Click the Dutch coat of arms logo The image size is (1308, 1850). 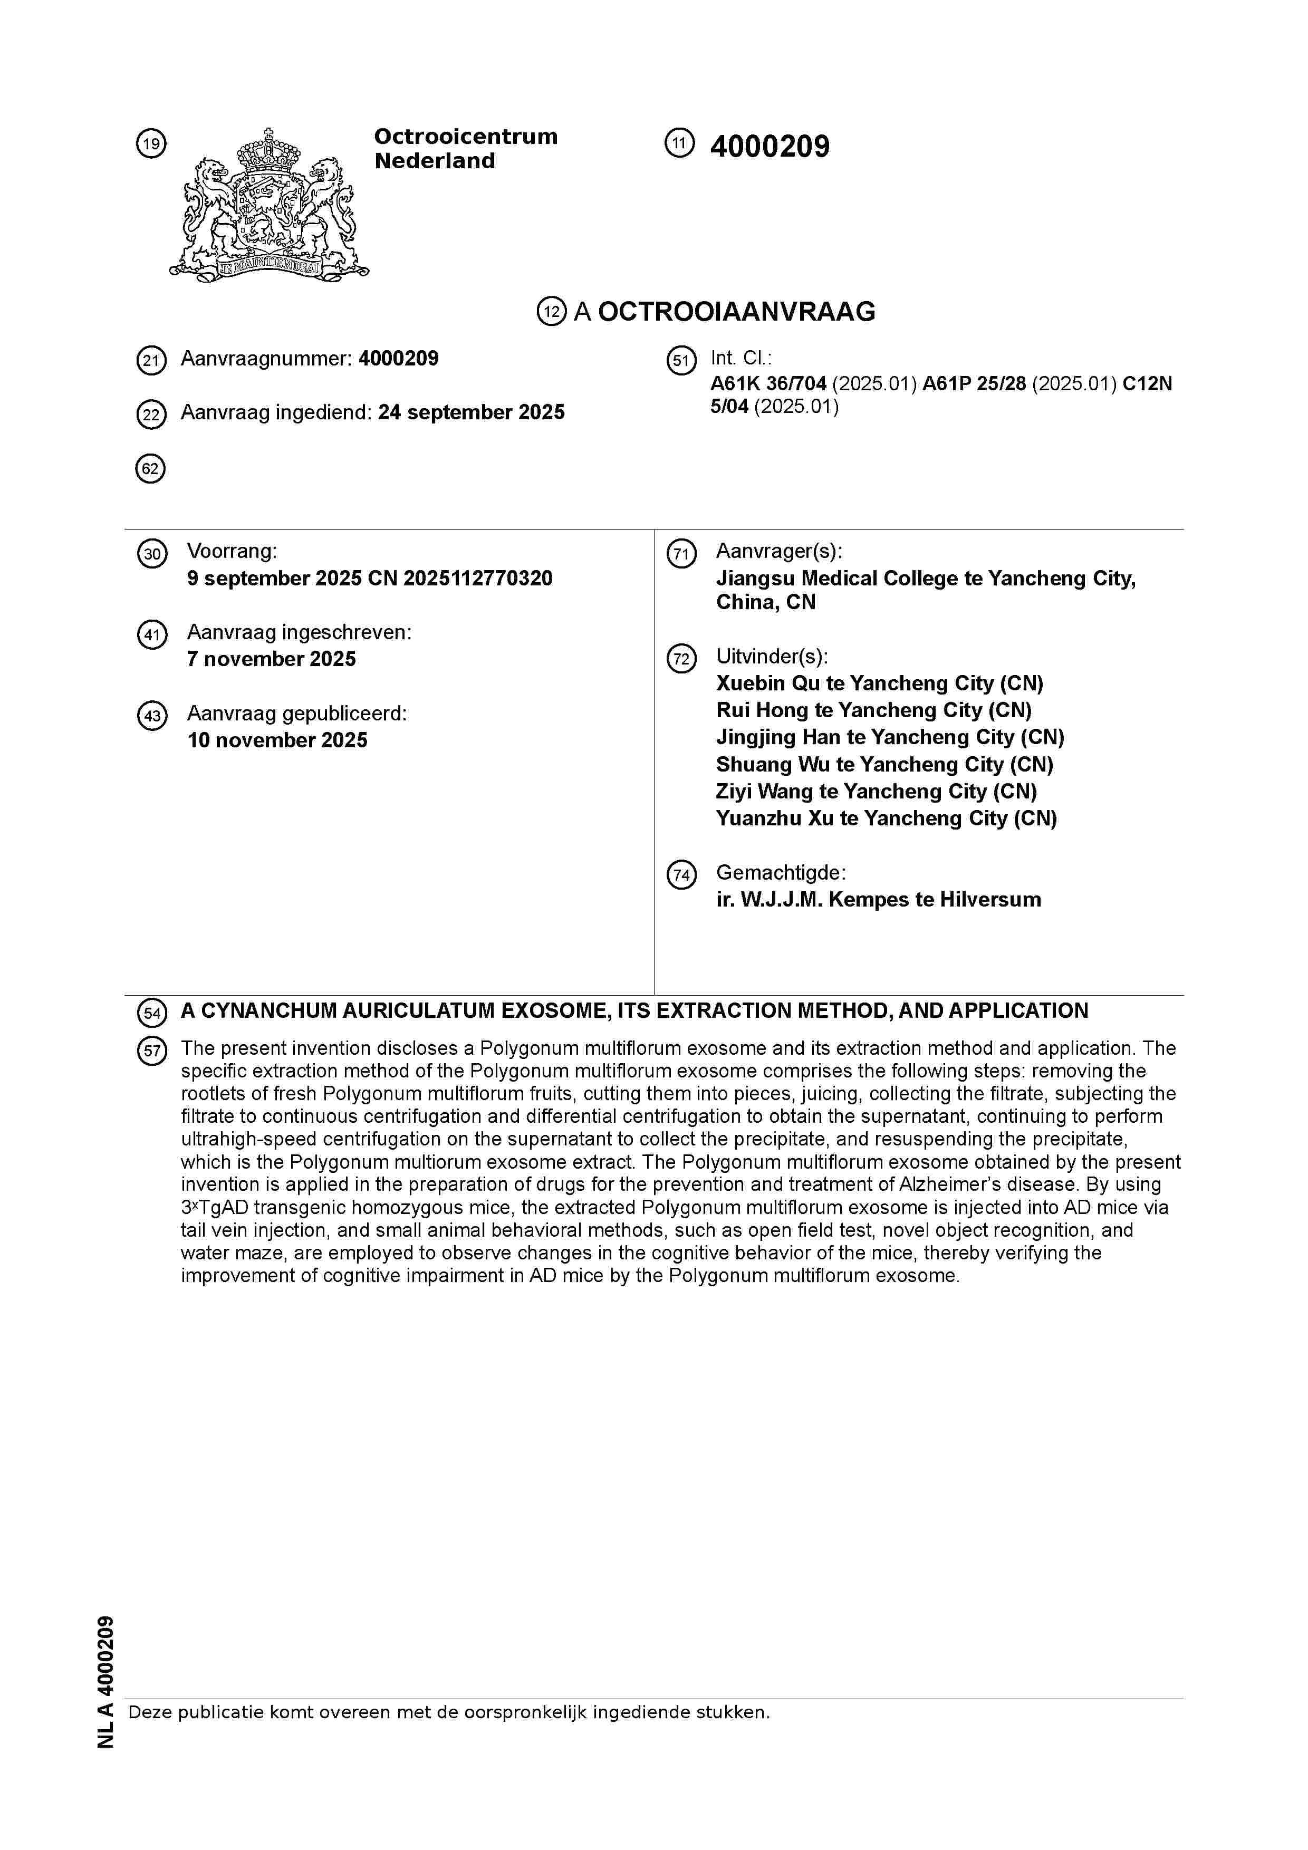(x=268, y=206)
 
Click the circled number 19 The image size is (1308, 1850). (x=151, y=144)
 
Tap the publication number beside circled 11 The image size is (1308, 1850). (x=769, y=147)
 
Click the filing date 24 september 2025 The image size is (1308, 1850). (x=472, y=412)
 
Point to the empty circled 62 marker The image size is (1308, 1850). (x=151, y=468)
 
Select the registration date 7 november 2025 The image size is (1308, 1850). (x=272, y=659)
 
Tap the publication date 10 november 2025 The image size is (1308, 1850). (x=277, y=740)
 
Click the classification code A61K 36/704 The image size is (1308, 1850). (x=768, y=383)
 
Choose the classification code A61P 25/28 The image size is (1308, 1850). (x=974, y=383)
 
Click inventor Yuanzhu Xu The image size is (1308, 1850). (x=774, y=818)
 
